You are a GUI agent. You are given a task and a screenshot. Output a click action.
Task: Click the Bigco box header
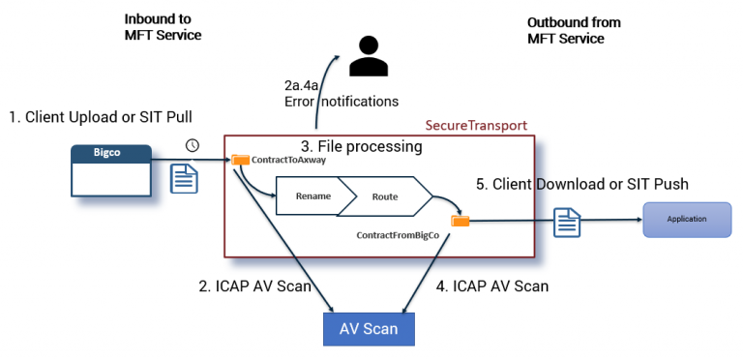(112, 153)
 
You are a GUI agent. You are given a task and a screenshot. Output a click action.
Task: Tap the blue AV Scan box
(368, 328)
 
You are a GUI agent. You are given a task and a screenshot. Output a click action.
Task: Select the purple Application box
(686, 220)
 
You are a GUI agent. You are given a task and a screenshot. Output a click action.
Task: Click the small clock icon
(193, 145)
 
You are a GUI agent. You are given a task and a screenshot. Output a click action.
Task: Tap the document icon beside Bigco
(185, 178)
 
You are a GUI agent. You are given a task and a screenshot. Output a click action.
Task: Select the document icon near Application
(567, 223)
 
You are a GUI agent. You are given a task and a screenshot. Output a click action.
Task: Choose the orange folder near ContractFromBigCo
(461, 221)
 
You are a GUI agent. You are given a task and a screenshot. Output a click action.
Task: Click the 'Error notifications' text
(342, 101)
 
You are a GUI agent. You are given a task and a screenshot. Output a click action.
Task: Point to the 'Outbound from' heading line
(574, 22)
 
